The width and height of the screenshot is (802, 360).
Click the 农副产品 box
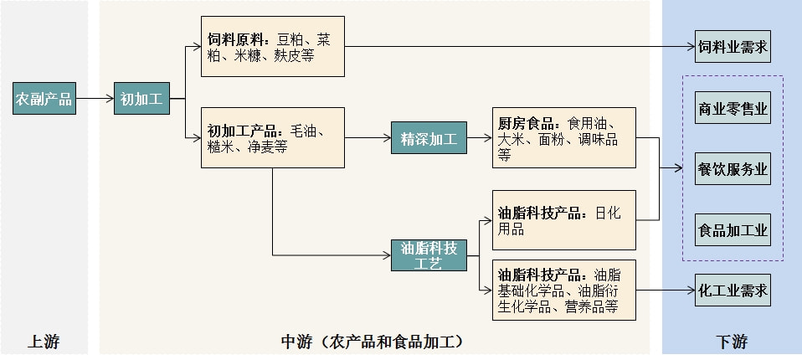point(44,100)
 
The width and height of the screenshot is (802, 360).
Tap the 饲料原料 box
point(272,46)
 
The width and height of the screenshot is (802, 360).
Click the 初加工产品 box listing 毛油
point(272,137)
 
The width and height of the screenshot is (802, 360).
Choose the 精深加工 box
point(429,138)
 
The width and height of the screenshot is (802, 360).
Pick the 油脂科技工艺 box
point(429,255)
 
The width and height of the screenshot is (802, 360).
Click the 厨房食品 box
point(563,137)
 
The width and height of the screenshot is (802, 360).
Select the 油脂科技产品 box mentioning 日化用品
point(563,220)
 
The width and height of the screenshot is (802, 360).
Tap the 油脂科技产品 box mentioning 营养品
point(563,290)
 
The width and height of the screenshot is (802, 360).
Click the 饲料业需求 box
point(733,46)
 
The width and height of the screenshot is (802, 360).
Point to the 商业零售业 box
point(733,108)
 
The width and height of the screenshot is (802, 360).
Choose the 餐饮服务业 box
point(733,168)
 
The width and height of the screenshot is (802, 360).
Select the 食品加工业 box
point(733,230)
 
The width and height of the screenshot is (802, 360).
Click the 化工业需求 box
point(733,290)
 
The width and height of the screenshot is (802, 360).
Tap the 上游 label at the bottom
point(44,342)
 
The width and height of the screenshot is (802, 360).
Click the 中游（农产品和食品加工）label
point(373,342)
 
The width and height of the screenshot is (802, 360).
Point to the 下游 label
point(732,342)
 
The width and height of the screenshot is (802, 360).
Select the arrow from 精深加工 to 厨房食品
point(479,138)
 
